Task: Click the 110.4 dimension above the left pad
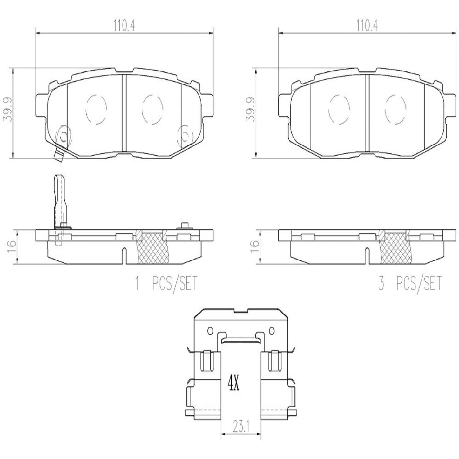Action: pyautogui.click(x=124, y=26)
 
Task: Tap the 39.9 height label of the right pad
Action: pyautogui.click(x=250, y=113)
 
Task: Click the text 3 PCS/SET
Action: pyautogui.click(x=410, y=283)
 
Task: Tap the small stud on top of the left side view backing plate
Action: pyautogui.click(x=184, y=226)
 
